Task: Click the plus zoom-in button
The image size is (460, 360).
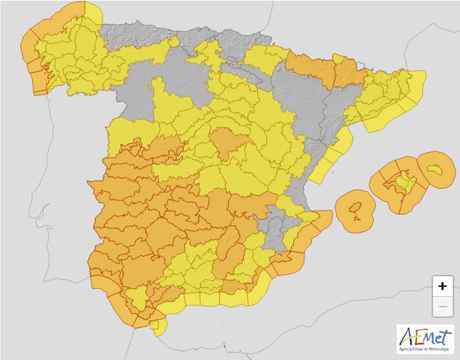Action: point(442,285)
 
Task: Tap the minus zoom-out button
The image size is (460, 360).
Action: point(442,307)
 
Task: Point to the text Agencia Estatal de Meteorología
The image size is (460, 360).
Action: point(425,348)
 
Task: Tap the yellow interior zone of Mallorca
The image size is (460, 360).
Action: point(399,185)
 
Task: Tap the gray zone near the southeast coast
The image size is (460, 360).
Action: point(276,227)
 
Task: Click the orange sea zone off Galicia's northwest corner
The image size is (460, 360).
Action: point(53,20)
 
